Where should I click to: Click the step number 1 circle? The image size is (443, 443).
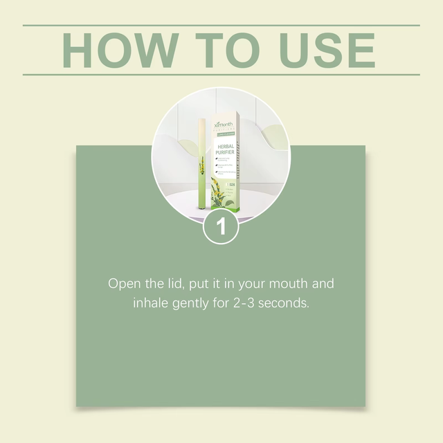pos(221,226)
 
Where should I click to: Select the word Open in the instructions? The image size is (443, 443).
pos(123,284)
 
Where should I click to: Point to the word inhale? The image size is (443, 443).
pos(150,303)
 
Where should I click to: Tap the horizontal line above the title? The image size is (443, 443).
pos(221,26)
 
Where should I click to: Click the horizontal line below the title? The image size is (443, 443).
pos(221,74)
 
